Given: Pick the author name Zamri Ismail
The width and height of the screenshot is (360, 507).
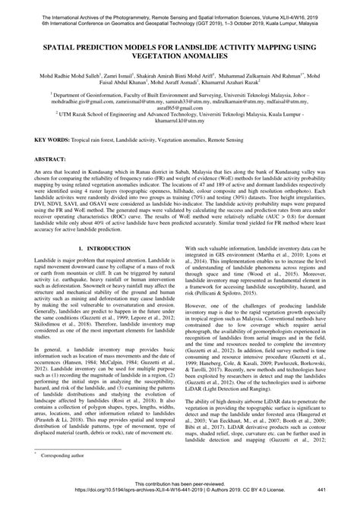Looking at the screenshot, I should click(x=120, y=76).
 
